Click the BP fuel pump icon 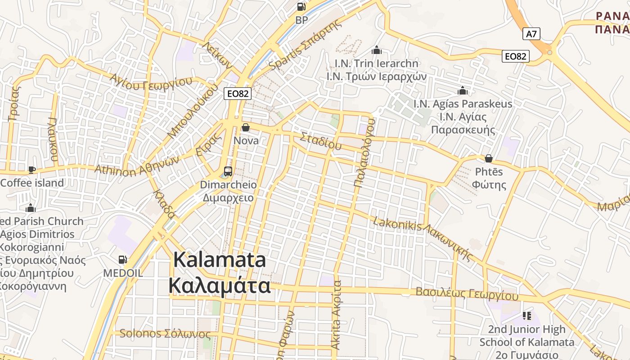(x=301, y=7)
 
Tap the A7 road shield (x=531, y=34)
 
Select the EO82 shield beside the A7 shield (x=515, y=56)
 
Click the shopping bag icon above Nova (x=246, y=128)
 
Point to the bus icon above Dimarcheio (x=228, y=171)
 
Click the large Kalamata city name (x=220, y=273)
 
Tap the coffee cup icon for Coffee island (x=31, y=170)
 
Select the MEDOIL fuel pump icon (x=122, y=260)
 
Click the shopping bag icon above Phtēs (x=489, y=158)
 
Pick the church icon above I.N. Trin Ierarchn (x=377, y=50)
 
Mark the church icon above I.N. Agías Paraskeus (x=463, y=91)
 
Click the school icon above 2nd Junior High (x=527, y=316)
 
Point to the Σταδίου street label (x=321, y=140)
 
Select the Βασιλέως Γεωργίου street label (x=467, y=294)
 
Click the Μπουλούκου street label (x=192, y=111)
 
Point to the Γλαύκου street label (x=53, y=139)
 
